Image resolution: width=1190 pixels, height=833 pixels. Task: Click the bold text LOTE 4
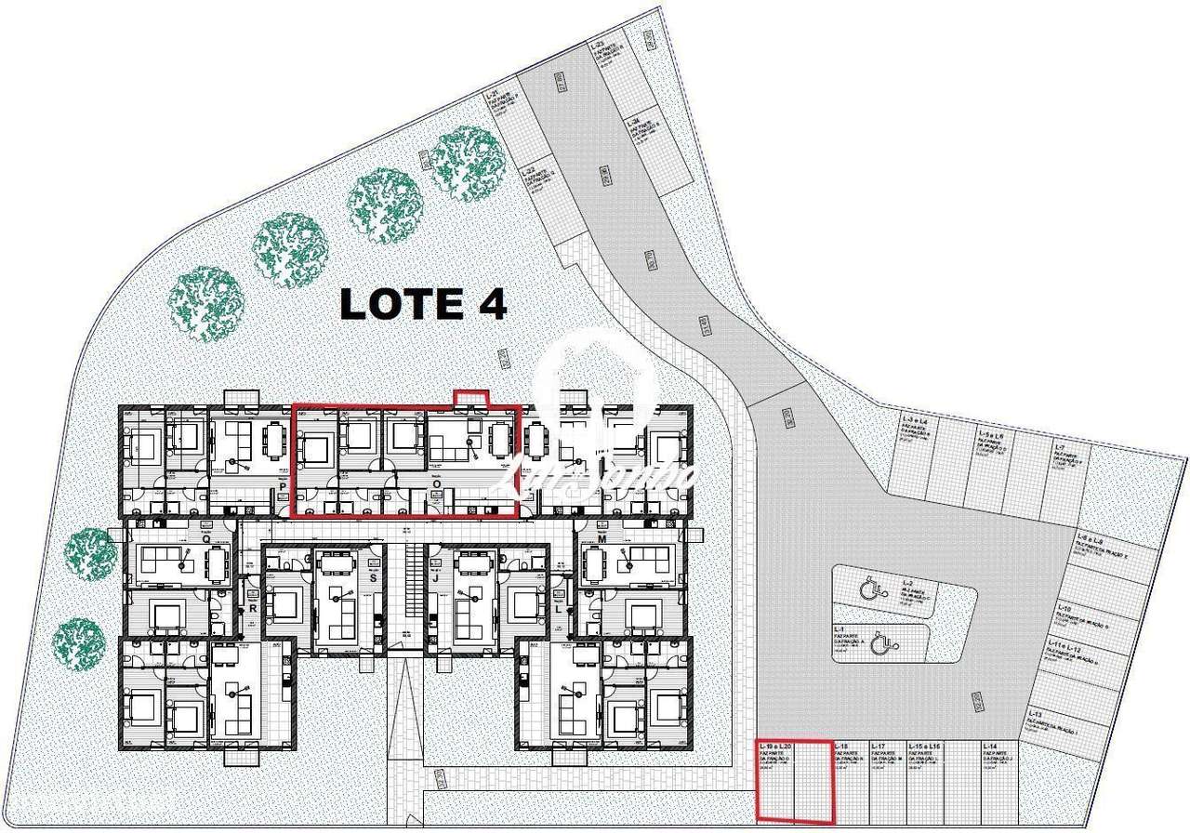(423, 304)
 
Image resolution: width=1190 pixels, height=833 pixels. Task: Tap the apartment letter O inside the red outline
(436, 484)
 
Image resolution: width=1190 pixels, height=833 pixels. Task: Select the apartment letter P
(281, 484)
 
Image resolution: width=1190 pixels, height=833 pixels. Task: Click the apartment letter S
(373, 578)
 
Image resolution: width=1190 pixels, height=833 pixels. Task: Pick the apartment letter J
(435, 578)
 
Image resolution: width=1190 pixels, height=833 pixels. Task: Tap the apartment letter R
(252, 609)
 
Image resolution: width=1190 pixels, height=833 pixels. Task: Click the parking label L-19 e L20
(774, 747)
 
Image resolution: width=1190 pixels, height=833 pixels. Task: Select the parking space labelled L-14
(990, 747)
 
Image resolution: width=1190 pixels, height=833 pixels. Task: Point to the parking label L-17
(880, 747)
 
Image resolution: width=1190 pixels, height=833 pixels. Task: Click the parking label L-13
(1062, 714)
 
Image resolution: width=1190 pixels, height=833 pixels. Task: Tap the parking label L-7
(1060, 448)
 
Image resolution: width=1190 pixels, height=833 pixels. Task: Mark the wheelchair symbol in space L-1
(884, 641)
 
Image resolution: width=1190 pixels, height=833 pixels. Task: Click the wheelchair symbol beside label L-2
(868, 589)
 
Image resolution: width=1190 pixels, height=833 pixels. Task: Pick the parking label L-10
(1065, 609)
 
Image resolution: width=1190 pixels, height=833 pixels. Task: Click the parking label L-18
(842, 747)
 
